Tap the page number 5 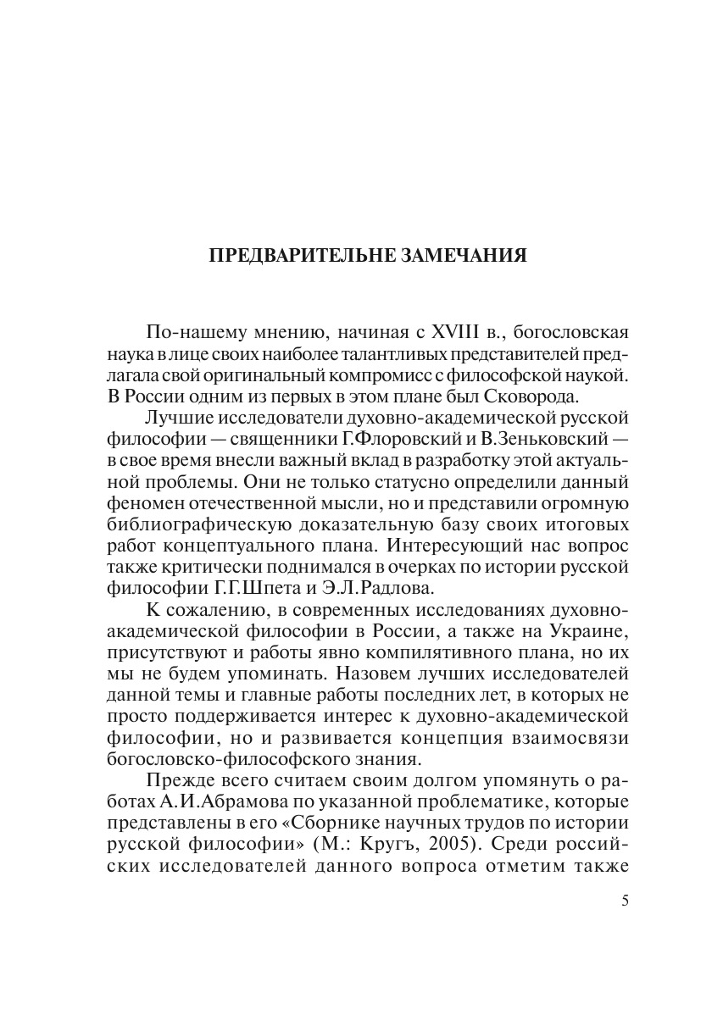coord(625,901)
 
